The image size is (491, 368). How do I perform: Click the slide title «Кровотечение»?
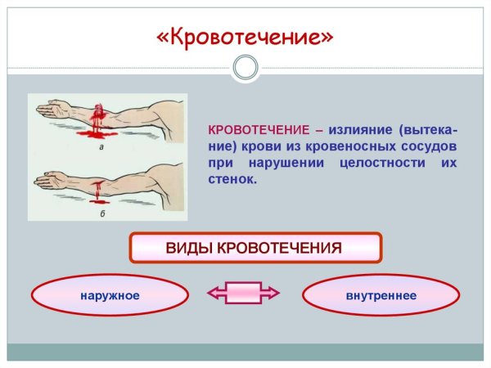[245, 38]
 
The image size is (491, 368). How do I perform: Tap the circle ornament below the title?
[245, 67]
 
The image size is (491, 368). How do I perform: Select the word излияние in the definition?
[356, 131]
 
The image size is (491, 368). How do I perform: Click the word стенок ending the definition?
[233, 180]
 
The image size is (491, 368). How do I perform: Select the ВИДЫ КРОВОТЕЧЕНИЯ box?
[255, 247]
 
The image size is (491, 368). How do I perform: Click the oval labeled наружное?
[110, 294]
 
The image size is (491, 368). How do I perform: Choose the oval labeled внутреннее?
[381, 294]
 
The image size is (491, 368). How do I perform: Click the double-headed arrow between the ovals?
[244, 292]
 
